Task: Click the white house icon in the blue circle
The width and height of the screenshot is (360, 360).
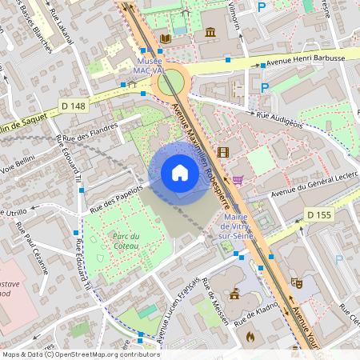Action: point(179,173)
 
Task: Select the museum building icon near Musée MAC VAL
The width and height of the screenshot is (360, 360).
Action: point(210,32)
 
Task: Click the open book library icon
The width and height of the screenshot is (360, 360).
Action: point(166,38)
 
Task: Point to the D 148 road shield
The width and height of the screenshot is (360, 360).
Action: point(73,106)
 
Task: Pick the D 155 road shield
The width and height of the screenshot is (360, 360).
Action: point(319,214)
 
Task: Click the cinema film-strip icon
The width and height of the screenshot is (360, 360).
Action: point(222,152)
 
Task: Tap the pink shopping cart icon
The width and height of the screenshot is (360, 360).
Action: point(238,180)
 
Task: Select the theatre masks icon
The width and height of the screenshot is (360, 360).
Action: point(295,282)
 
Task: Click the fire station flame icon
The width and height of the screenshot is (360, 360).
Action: point(250,337)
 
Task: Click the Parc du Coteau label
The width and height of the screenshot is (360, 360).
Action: point(126,241)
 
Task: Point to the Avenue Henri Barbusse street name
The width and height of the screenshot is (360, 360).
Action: point(306,58)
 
